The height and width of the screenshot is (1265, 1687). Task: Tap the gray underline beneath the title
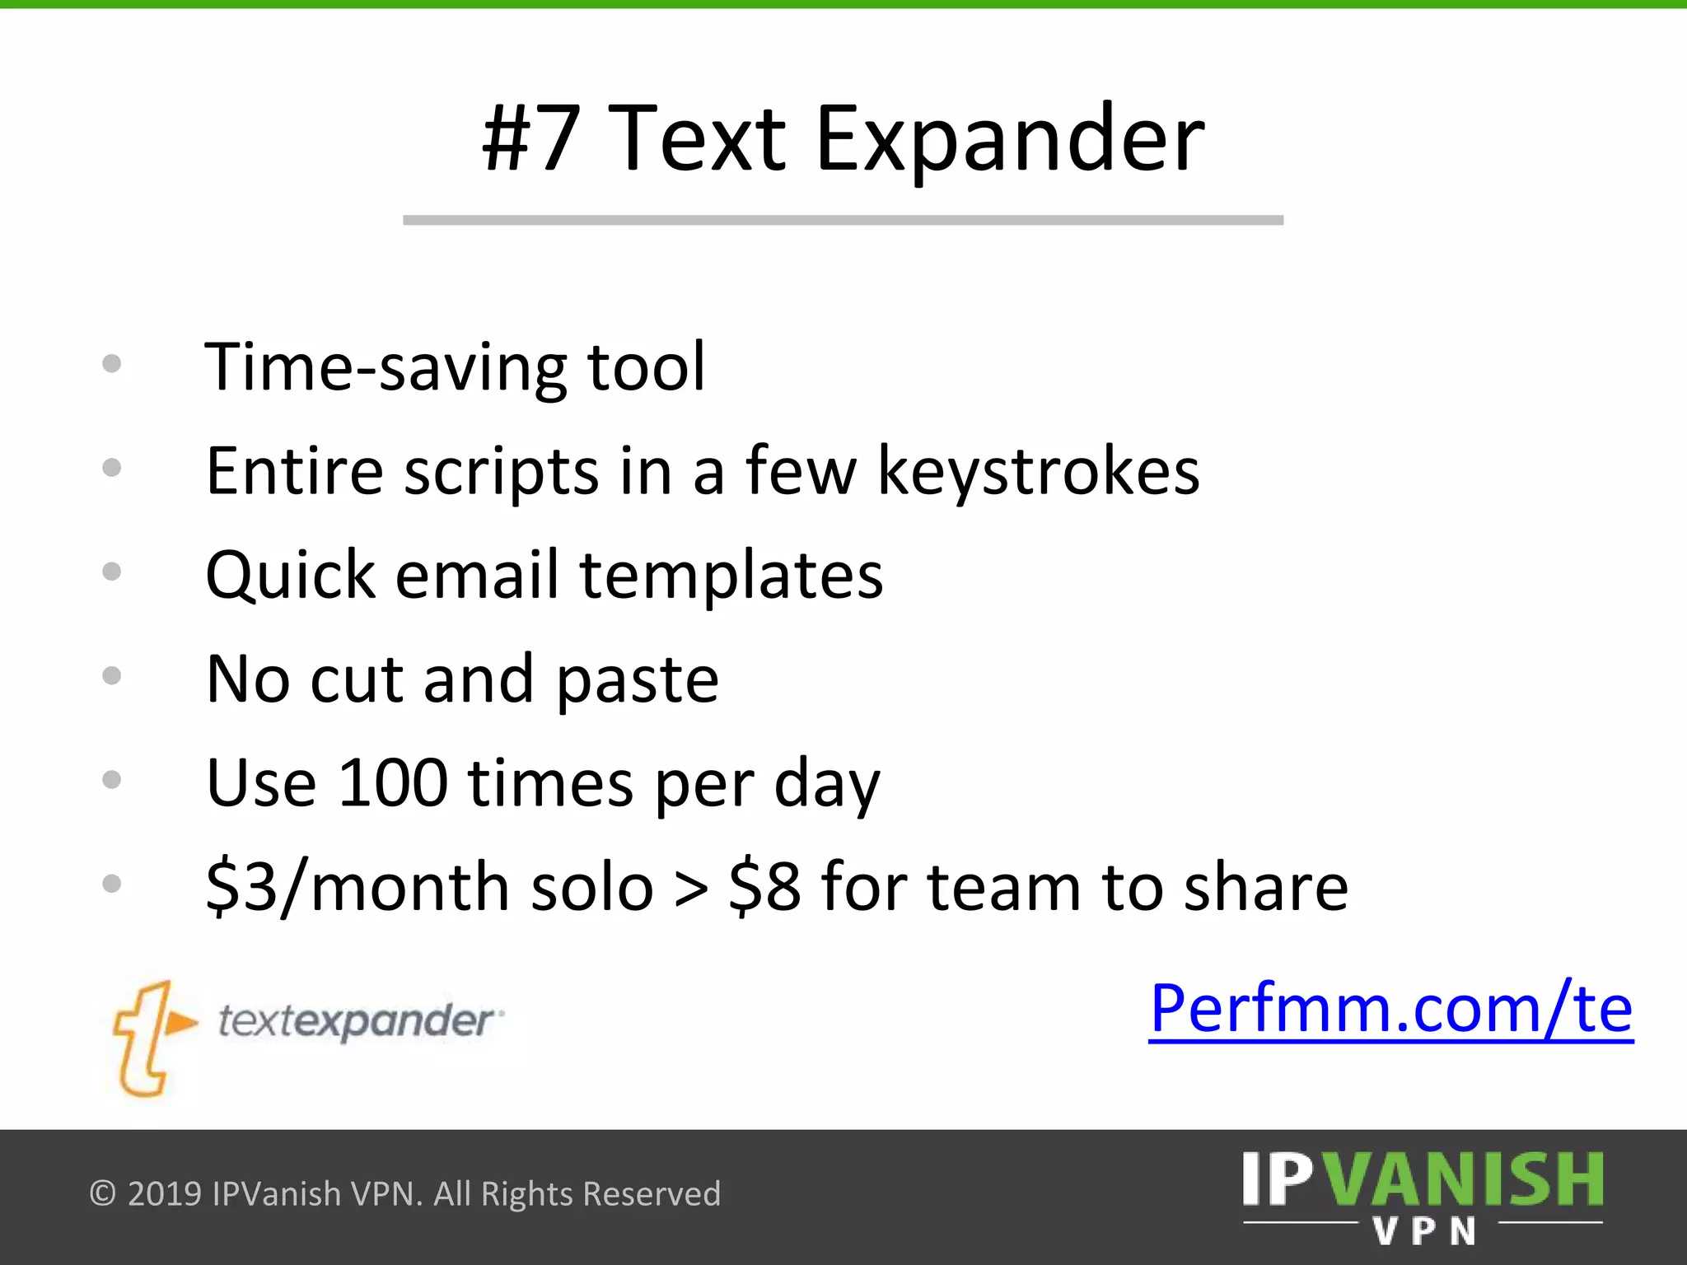click(843, 220)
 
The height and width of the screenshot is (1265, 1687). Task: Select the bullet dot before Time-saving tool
click(112, 364)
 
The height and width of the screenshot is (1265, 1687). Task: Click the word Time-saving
click(386, 367)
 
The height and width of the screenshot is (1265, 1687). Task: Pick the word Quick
click(290, 575)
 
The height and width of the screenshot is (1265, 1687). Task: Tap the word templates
click(731, 576)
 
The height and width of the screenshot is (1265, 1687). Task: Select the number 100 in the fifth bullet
click(393, 782)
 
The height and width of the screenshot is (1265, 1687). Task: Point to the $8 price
click(764, 888)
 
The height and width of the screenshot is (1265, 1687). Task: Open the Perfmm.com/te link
click(1390, 1008)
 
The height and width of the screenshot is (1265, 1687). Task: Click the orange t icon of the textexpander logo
click(151, 1038)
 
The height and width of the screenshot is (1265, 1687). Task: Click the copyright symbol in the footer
click(102, 1193)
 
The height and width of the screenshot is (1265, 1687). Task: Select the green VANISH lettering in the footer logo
click(1466, 1180)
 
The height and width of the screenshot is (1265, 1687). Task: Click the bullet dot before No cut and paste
click(112, 676)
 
